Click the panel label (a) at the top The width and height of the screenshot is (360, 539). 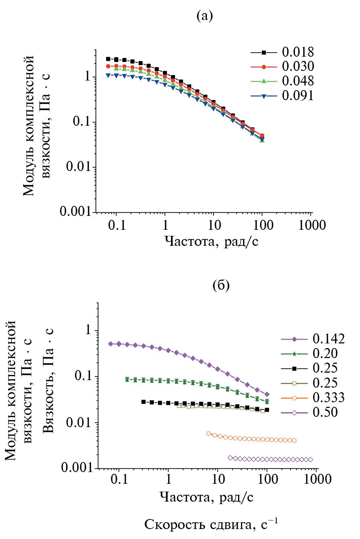pyautogui.click(x=205, y=16)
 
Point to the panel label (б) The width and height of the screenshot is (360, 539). pyautogui.click(x=221, y=285)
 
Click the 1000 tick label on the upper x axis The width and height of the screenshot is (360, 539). pyautogui.click(x=312, y=226)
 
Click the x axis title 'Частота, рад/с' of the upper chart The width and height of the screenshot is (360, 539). pyautogui.click(x=211, y=242)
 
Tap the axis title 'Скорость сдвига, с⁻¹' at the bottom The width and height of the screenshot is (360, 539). pyautogui.click(x=211, y=524)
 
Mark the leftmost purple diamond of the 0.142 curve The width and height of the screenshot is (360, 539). pyautogui.click(x=110, y=344)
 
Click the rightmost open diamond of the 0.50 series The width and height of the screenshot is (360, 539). pyautogui.click(x=310, y=460)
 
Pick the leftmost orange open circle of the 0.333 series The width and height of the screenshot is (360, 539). pyautogui.click(x=209, y=434)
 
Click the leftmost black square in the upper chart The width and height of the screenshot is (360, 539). pyautogui.click(x=108, y=59)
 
